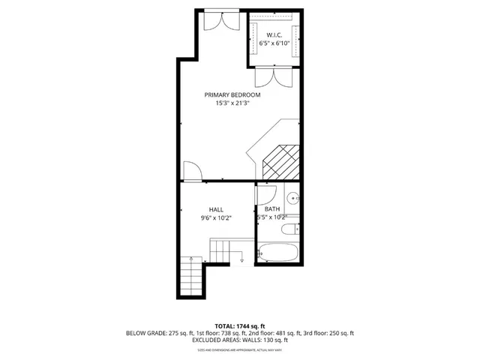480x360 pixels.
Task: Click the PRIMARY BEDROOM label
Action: pyautogui.click(x=232, y=95)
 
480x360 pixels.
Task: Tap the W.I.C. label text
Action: pyautogui.click(x=274, y=35)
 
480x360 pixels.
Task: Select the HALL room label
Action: pyautogui.click(x=216, y=209)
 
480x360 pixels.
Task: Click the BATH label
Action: pyautogui.click(x=272, y=209)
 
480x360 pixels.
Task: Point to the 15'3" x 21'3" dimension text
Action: pyautogui.click(x=232, y=104)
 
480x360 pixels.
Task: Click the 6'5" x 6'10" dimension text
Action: pyautogui.click(x=274, y=44)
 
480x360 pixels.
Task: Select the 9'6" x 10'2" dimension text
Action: pyautogui.click(x=216, y=218)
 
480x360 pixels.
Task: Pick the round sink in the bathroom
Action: pyautogui.click(x=295, y=198)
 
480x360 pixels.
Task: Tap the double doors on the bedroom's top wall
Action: pyautogui.click(x=222, y=20)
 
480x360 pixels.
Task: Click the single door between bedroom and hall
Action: pyautogui.click(x=191, y=172)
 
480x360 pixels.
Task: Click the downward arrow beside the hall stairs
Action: pyautogui.click(x=241, y=259)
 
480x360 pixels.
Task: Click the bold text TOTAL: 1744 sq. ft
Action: pyautogui.click(x=240, y=325)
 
